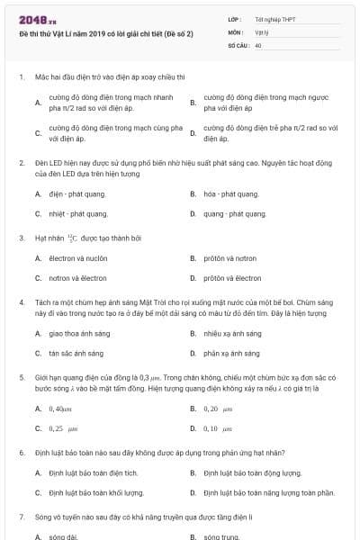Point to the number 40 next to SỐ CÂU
click(258, 43)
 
